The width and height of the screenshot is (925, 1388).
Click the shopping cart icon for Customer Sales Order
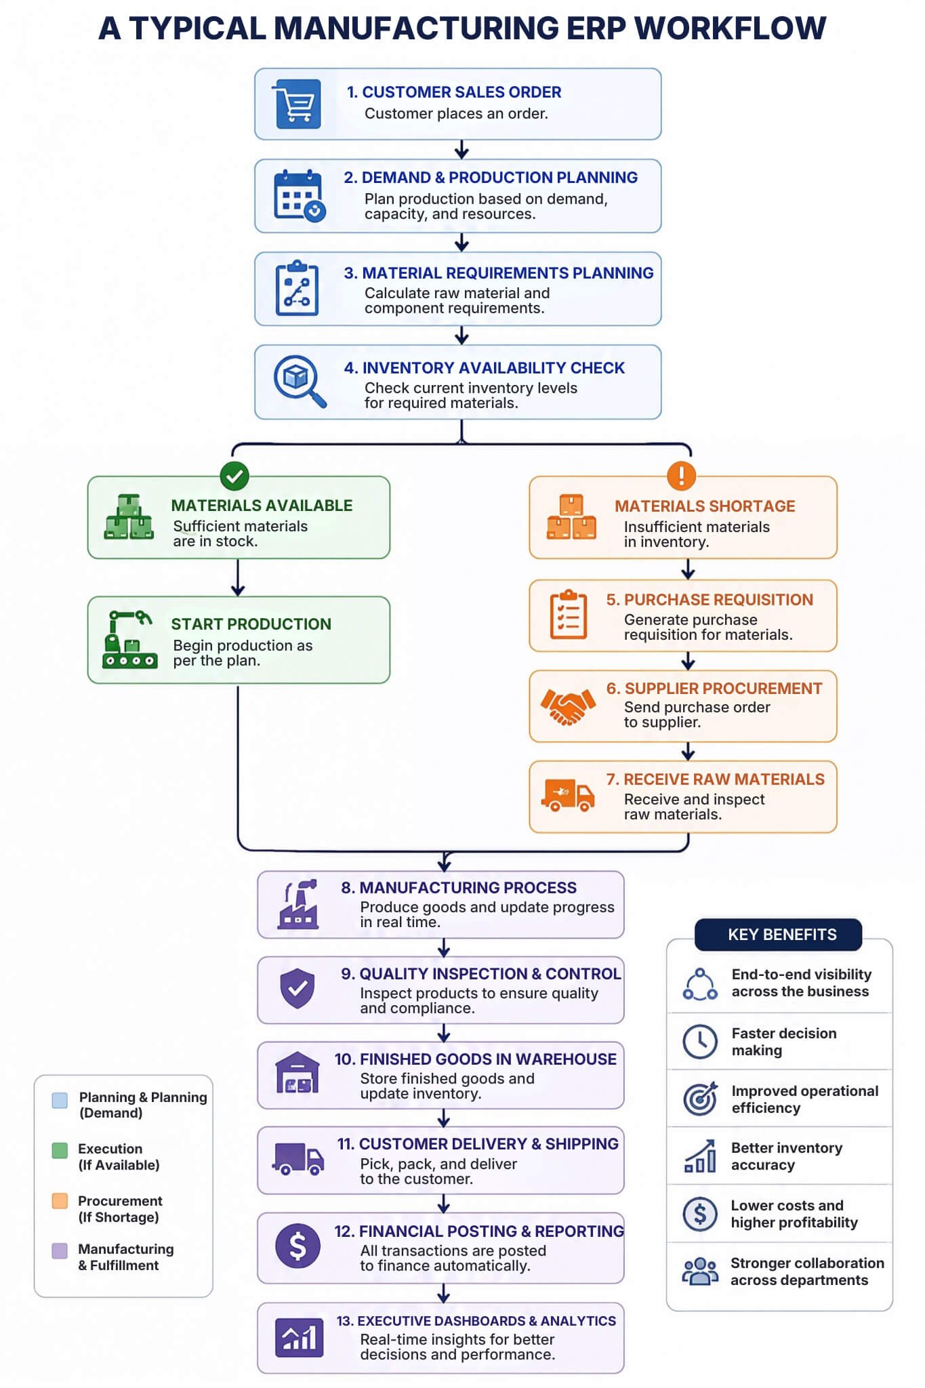(297, 104)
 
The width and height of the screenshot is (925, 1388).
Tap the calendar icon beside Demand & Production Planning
(300, 195)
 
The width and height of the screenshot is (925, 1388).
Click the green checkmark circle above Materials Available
(234, 476)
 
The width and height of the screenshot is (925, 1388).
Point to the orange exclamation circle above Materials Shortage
(681, 475)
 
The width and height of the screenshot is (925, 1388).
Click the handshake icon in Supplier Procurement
(568, 707)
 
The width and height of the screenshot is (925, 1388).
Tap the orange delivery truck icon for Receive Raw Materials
(568, 795)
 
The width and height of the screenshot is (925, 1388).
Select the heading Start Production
(251, 624)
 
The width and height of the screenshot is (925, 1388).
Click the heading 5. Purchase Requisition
(710, 600)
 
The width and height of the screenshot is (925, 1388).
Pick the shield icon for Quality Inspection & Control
(297, 988)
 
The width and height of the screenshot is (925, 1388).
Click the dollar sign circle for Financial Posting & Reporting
(297, 1246)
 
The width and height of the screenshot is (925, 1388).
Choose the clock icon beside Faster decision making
(700, 1042)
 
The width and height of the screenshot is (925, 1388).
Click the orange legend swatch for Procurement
(60, 1201)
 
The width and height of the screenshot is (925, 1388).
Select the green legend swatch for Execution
(60, 1150)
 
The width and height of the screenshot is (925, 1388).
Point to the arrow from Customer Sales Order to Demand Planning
(461, 150)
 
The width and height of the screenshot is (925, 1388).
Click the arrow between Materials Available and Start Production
(238, 577)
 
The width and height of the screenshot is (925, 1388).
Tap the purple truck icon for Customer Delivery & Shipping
(298, 1159)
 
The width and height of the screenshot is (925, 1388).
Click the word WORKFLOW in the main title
(730, 28)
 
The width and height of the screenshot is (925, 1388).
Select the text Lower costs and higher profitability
(794, 1214)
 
